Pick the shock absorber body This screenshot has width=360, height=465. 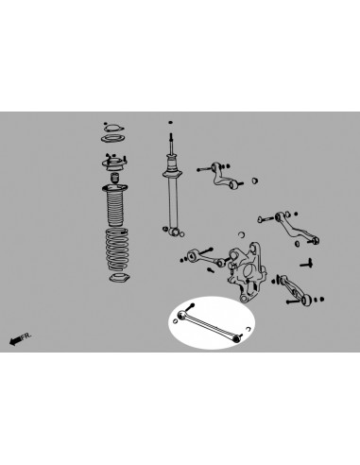173,198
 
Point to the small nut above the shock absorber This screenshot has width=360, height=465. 170,122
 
